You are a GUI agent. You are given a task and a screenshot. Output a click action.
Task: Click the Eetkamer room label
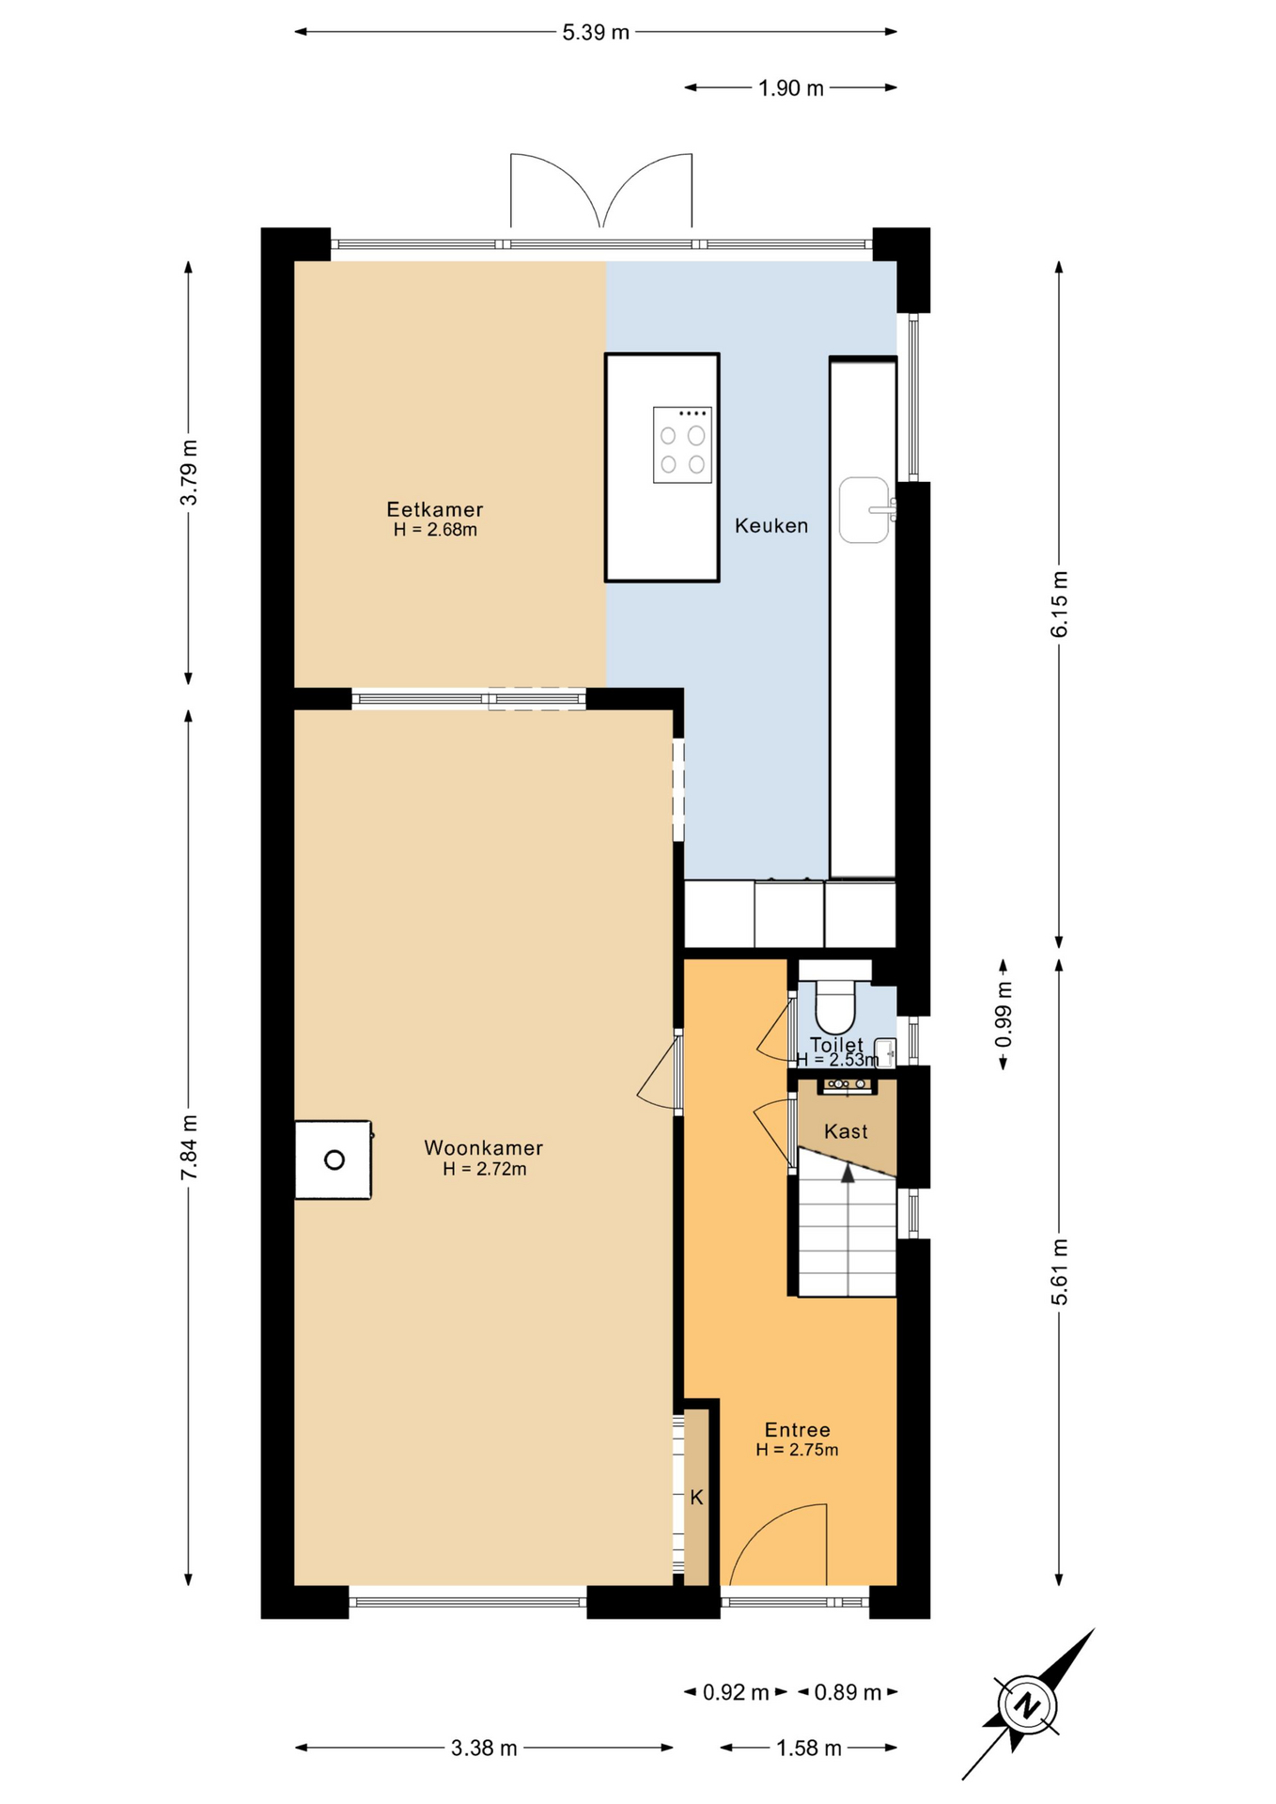tap(435, 509)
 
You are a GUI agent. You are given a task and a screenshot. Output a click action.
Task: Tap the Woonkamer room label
tap(484, 1147)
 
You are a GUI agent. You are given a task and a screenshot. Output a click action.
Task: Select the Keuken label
tap(771, 525)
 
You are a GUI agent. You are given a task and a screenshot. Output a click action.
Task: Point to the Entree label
tap(798, 1429)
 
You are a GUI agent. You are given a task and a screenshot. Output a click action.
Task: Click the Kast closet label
tap(846, 1131)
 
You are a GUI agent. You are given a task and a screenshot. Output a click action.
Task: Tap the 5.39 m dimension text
tap(596, 32)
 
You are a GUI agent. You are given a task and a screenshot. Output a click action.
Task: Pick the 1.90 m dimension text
tap(791, 88)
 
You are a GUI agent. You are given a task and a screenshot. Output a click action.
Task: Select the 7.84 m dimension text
tap(189, 1147)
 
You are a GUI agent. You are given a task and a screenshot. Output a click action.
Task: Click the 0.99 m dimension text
tap(1004, 1014)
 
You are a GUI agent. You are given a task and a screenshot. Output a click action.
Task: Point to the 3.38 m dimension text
tap(484, 1748)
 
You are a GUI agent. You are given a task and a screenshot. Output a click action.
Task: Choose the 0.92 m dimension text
tap(736, 1692)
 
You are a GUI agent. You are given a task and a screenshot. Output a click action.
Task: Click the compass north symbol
tap(1028, 1704)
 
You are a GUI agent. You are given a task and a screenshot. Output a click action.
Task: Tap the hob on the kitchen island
tap(682, 445)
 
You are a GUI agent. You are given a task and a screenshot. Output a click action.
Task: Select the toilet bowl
tap(834, 1007)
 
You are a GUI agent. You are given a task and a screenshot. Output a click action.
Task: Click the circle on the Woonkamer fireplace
tap(335, 1159)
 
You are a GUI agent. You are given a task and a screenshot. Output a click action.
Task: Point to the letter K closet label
tap(696, 1497)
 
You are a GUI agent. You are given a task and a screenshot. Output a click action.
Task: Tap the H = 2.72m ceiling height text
tap(485, 1169)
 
